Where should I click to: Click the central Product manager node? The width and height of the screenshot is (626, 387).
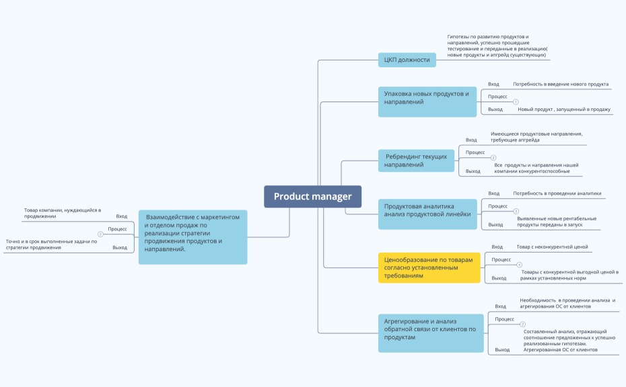click(312, 196)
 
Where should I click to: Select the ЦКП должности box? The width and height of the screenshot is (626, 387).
click(407, 60)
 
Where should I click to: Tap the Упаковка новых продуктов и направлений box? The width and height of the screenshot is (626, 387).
click(427, 101)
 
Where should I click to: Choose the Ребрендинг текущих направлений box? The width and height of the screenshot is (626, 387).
click(416, 161)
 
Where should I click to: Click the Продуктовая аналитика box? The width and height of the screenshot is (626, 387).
click(427, 214)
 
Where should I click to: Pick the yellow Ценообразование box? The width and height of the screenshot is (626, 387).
click(429, 268)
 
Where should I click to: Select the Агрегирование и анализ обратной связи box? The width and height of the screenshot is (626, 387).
click(431, 333)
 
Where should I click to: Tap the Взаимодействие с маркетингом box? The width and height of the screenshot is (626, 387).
click(193, 237)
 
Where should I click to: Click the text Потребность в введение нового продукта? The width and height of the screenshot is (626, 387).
click(561, 84)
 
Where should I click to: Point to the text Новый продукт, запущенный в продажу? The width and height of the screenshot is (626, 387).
click(563, 110)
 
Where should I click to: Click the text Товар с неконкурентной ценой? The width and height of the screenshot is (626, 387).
click(552, 247)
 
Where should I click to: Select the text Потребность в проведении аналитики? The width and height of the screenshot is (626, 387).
click(557, 193)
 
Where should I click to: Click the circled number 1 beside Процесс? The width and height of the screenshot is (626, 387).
click(516, 101)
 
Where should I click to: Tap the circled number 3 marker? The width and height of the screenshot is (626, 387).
click(516, 211)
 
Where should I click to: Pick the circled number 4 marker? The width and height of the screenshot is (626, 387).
click(519, 265)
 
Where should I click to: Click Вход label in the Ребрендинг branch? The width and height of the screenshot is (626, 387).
click(471, 140)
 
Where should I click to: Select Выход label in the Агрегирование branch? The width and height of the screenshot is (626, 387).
click(502, 349)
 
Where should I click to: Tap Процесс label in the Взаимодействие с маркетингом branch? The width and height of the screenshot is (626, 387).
click(117, 229)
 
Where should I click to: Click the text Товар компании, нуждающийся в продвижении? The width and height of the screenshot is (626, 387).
click(63, 213)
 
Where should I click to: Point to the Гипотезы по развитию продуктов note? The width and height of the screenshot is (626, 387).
click(497, 46)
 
